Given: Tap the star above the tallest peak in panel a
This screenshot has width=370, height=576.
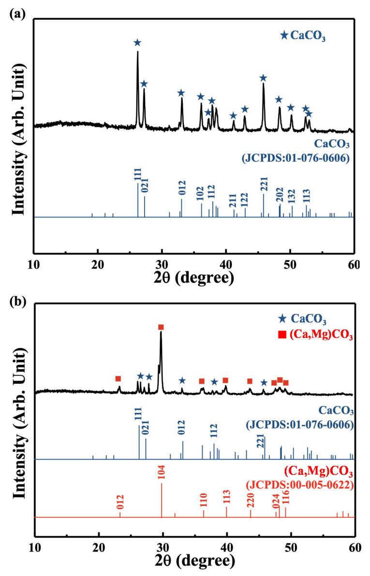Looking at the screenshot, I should click(137, 43).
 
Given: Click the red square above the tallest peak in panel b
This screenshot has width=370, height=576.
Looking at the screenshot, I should click(161, 327).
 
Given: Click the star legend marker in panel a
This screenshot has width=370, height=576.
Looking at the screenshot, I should click(284, 35).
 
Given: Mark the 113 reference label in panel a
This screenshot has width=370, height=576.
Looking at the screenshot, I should click(307, 196).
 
